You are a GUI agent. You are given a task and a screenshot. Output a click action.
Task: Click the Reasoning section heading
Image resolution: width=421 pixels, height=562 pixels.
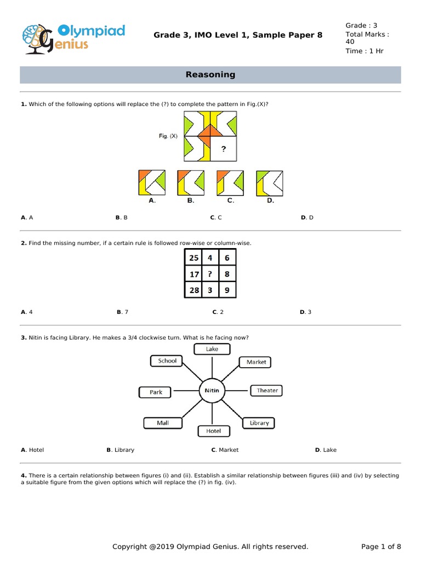tap(210, 75)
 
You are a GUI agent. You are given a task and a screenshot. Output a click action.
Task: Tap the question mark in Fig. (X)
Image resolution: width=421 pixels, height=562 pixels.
tap(223, 149)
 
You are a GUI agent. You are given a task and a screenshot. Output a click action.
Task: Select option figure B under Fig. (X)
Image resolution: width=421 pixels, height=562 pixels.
tap(191, 183)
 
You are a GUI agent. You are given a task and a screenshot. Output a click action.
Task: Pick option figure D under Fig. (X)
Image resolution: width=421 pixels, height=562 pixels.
tap(270, 183)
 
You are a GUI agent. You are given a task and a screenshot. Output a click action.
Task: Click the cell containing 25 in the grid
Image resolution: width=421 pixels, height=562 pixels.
tap(194, 258)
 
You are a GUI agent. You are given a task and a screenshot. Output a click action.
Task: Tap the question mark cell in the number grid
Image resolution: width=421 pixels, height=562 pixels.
tap(210, 274)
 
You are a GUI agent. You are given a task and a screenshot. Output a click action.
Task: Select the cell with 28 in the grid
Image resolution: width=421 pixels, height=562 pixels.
tap(194, 290)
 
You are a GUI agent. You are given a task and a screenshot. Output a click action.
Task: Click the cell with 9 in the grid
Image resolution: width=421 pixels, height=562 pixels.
tap(227, 290)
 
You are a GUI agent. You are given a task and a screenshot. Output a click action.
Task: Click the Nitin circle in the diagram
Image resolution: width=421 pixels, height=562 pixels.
tap(212, 391)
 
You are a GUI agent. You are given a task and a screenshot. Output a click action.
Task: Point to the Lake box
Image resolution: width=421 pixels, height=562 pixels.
tap(212, 349)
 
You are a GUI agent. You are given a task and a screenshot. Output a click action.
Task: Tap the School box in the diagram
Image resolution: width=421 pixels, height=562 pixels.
tap(167, 361)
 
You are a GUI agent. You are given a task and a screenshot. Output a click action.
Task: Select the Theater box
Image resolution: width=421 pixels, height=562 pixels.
tap(267, 390)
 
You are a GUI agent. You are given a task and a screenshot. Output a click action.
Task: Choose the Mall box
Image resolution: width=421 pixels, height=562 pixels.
tap(163, 423)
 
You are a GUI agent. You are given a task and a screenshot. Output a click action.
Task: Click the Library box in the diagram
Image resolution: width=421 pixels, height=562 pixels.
tap(259, 423)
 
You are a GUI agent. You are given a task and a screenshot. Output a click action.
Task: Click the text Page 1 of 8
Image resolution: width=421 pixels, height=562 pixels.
tap(381, 547)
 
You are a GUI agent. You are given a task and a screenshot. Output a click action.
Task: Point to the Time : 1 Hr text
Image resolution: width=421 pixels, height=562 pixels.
tap(364, 51)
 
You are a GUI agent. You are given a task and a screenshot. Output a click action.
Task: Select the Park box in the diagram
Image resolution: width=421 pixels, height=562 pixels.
tap(156, 392)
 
